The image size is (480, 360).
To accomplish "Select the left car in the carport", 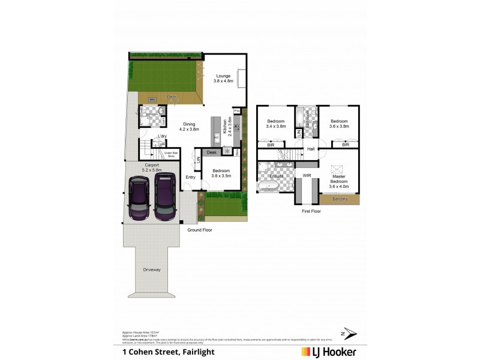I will point(139,200).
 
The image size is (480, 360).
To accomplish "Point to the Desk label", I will point(211,153).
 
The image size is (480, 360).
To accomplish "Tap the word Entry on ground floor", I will point(190,177).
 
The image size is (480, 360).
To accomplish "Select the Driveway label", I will point(151,269).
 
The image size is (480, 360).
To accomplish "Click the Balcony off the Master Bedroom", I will point(340,199).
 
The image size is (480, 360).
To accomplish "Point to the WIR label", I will point(307,176).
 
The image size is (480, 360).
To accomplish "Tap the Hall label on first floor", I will point(311,149).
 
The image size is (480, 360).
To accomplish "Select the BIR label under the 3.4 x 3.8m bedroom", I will point(271,145).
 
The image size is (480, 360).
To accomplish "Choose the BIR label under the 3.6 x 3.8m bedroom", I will point(345,145).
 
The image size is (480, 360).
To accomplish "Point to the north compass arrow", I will point(350,333).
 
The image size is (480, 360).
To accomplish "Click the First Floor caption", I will point(311,211).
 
